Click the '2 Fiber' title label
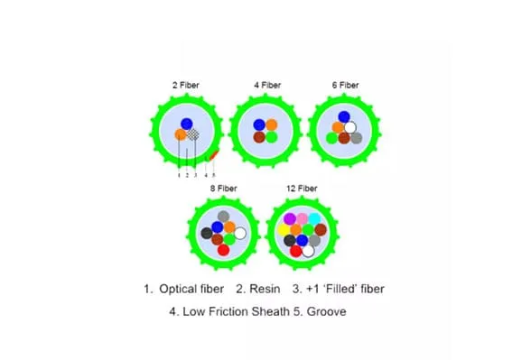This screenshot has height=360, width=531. pos(186,85)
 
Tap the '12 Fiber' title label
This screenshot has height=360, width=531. pos(302,188)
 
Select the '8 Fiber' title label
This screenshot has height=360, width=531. pos(224,188)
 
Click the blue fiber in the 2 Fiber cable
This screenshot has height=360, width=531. pos(187,124)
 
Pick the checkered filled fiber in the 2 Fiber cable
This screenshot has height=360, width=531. pos(193,134)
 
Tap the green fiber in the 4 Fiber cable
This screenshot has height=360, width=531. pos(271,137)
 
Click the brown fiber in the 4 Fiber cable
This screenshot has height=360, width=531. pos(259,137)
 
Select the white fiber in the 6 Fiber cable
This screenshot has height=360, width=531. pos(350,127)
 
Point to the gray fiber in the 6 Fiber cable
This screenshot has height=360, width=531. pos(356,138)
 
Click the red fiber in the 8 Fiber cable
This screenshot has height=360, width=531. pos(224,250)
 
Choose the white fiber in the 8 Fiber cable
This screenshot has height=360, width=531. pos(240,233)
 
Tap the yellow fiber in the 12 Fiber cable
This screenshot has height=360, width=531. pos(284,230)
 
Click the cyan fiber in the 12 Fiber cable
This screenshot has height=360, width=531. pos(314,219)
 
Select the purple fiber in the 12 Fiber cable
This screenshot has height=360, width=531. pos(290,219)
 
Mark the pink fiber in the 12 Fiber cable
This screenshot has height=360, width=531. pos(302,219)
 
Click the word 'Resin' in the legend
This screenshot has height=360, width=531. pos(265,289)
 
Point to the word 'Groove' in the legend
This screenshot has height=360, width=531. pos(327,311)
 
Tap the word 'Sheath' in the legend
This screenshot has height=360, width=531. pos(271,311)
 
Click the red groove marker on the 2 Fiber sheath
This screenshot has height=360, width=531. pos(214,155)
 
